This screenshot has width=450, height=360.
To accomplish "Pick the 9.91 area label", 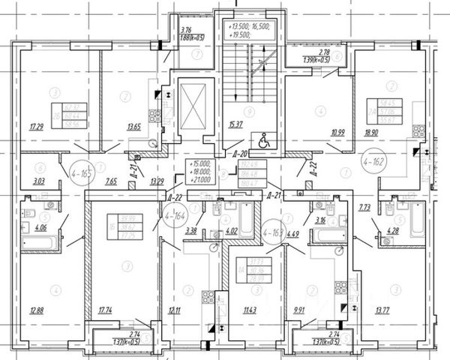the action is pyautogui.click(x=299, y=310).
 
